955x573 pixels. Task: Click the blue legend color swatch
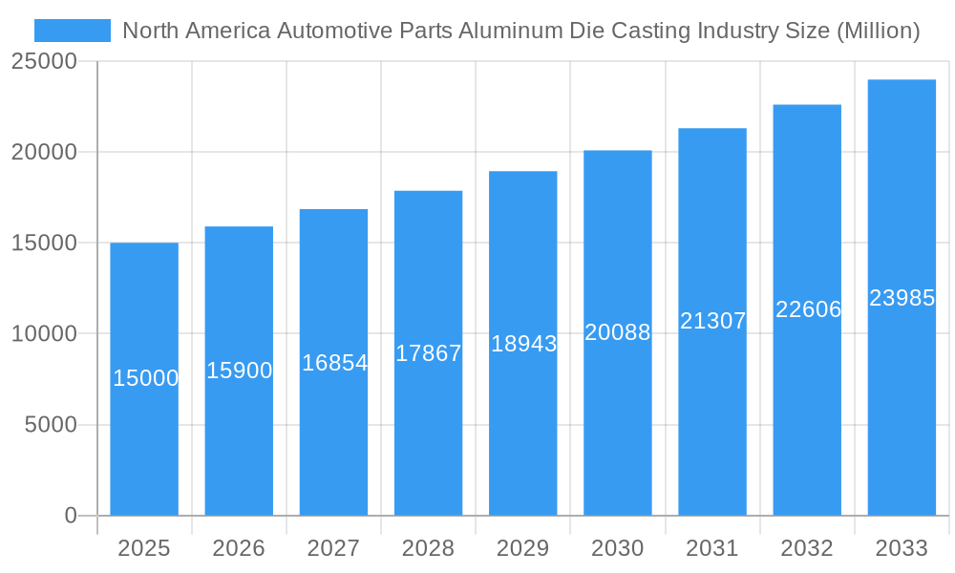[x=73, y=31]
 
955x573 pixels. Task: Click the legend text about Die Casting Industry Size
[x=521, y=31]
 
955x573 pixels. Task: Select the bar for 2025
[x=144, y=430]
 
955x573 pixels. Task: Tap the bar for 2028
[x=428, y=430]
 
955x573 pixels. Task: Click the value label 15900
[x=240, y=371]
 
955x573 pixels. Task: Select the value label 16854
[x=334, y=363]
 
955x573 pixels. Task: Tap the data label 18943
[x=523, y=344]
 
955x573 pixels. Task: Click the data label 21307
[x=712, y=321]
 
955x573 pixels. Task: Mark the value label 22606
[x=808, y=309]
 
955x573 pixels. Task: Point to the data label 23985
[x=902, y=298]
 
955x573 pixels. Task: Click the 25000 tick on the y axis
[x=44, y=61]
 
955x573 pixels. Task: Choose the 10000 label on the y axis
[x=44, y=334]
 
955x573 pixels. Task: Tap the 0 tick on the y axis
[x=71, y=516]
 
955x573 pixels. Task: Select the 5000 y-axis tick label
[x=51, y=425]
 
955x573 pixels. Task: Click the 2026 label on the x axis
[x=239, y=548]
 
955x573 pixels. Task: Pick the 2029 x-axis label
[x=522, y=548]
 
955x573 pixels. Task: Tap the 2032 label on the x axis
[x=807, y=548]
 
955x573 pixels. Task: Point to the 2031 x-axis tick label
[x=712, y=548]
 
